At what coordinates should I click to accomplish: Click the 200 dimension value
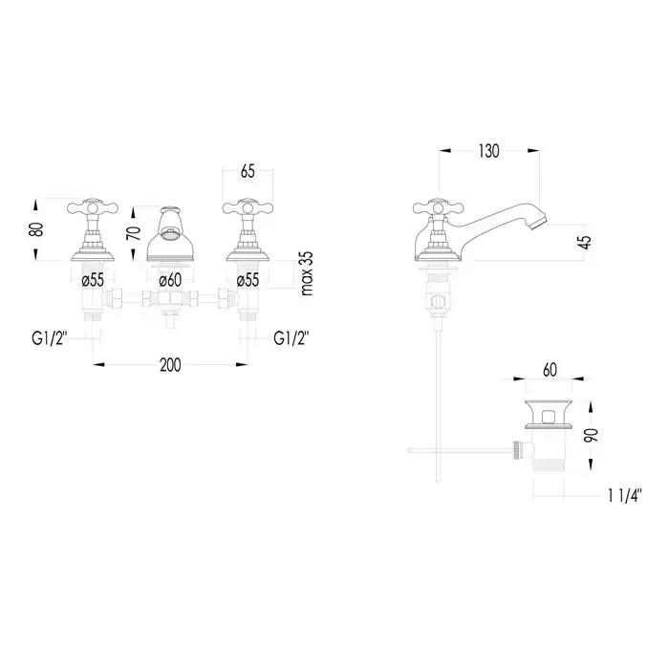[x=170, y=365]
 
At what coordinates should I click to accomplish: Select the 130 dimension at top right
[x=488, y=151]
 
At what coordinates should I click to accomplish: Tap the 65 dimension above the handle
[x=248, y=171]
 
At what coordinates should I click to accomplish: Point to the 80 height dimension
[x=38, y=229]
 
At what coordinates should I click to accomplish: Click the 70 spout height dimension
[x=135, y=233]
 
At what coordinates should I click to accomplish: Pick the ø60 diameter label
[x=170, y=280]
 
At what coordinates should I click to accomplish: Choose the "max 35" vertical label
[x=307, y=273]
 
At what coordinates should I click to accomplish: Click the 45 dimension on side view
[x=586, y=242]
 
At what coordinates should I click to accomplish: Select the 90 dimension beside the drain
[x=593, y=435]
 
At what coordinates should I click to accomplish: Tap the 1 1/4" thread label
[x=625, y=496]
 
